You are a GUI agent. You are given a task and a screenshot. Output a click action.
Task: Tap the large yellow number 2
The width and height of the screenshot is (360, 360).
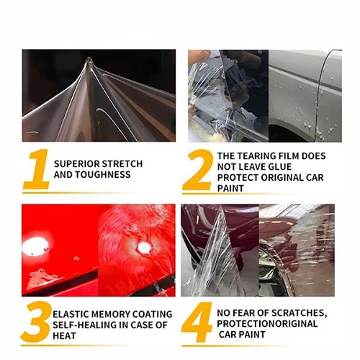point(196,170)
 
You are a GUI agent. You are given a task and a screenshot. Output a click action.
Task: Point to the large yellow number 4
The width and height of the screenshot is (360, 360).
point(196,321)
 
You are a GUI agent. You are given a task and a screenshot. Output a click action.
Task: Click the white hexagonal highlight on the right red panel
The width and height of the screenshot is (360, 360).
point(144,246)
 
